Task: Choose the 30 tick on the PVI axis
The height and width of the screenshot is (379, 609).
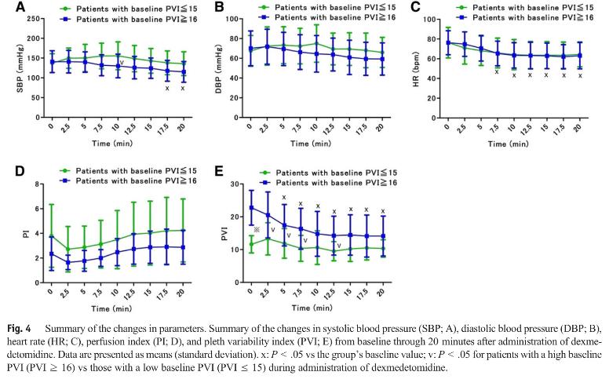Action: point(235,184)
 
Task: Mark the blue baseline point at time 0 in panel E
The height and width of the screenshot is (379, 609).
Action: point(251,208)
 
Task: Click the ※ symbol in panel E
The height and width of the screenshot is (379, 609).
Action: point(257,229)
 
